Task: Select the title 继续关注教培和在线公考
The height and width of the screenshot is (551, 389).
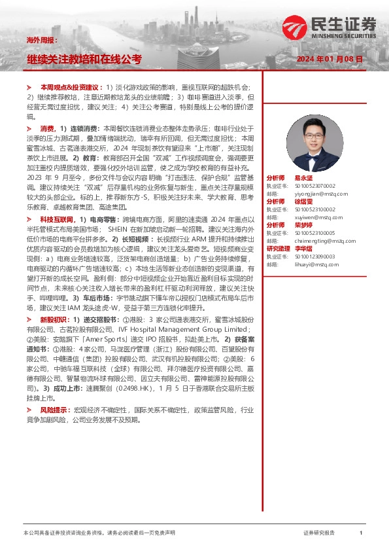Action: (84, 60)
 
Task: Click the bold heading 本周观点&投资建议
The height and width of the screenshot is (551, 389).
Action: (69, 87)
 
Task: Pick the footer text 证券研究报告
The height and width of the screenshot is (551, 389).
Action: (319, 533)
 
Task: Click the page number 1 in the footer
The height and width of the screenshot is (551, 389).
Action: (360, 533)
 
